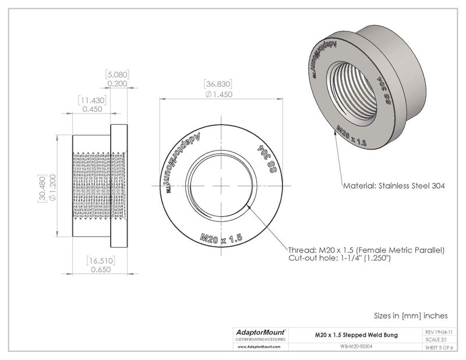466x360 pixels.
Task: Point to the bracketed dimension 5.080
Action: point(116,75)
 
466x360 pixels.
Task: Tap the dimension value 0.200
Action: point(116,84)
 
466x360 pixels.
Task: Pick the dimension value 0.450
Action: point(90,109)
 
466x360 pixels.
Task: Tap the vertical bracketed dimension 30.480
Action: point(42,186)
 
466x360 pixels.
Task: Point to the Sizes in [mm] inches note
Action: point(411,315)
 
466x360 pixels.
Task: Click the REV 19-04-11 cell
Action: point(442,331)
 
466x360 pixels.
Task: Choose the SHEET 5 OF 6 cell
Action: point(442,348)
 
